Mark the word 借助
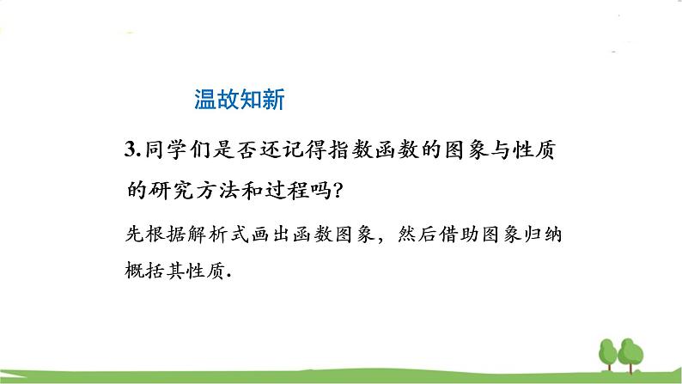(473, 235)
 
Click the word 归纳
(557, 235)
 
